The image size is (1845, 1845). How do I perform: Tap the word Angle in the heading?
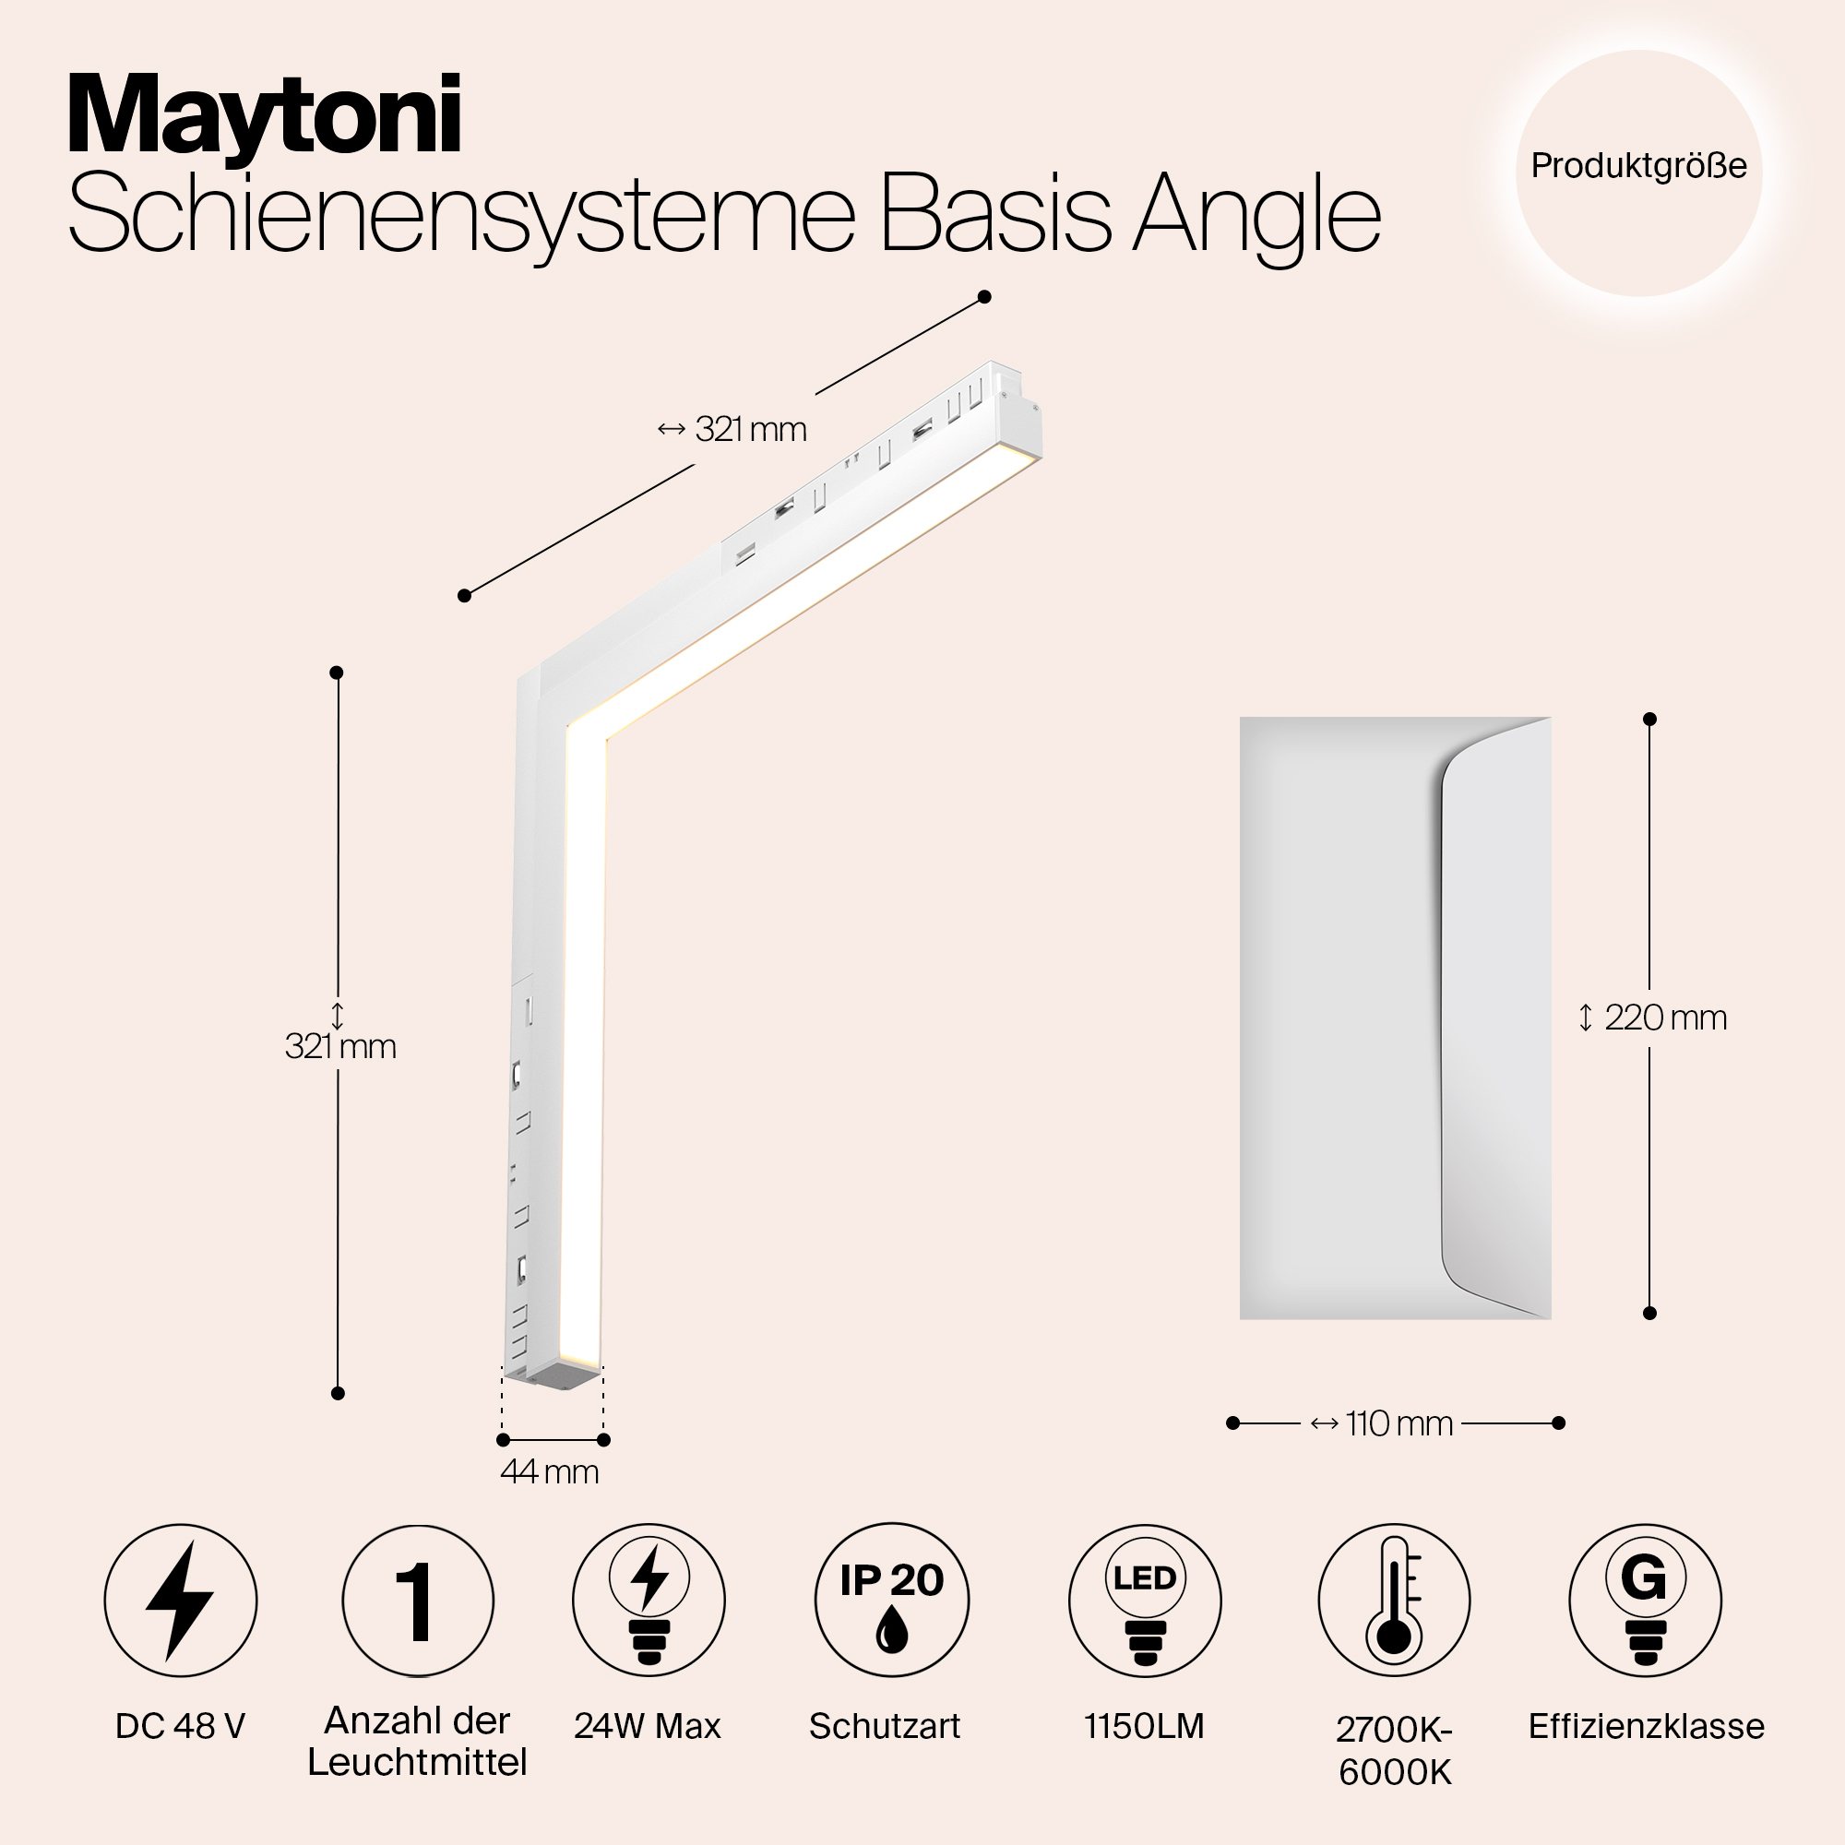pos(1256,216)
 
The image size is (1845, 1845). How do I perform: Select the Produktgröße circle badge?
pos(1638,173)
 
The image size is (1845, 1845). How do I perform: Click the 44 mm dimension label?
pos(550,1471)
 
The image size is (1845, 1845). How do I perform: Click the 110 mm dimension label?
pos(1382,1423)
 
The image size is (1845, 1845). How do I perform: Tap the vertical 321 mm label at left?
pos(341,1047)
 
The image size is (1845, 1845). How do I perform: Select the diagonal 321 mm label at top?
pos(732,430)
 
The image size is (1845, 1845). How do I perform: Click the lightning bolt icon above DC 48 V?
pos(181,1601)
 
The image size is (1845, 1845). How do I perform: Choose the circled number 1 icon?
pos(418,1601)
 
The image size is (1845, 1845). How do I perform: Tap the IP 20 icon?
pos(892,1601)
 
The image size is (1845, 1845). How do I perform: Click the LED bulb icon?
pos(1145,1601)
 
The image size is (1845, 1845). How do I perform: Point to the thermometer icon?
pos(1394,1601)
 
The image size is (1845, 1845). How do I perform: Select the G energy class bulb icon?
pos(1646,1601)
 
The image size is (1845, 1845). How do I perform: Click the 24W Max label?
pos(648,1727)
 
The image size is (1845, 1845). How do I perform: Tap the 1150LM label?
pos(1144,1727)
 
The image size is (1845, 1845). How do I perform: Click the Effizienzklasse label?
pos(1647,1727)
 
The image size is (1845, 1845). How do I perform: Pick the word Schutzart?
pos(886,1727)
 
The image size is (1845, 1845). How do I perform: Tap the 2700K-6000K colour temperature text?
pos(1394,1751)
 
